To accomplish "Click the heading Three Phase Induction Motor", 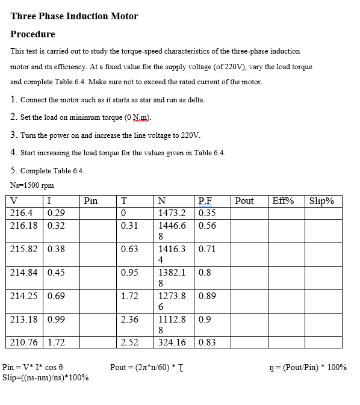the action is [x=74, y=16].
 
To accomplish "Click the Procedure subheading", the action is [x=33, y=34].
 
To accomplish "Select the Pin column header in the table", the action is [x=90, y=201].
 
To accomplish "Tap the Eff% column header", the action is [x=283, y=201].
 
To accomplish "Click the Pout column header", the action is [x=244, y=201].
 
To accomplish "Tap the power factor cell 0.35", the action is [x=206, y=213].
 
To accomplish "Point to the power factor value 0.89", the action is [x=206, y=296].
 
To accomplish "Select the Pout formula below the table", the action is [x=147, y=367].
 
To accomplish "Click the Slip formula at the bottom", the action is [x=46, y=377].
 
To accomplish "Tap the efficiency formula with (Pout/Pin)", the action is [x=309, y=367].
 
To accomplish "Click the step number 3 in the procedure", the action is [x=13, y=135].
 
